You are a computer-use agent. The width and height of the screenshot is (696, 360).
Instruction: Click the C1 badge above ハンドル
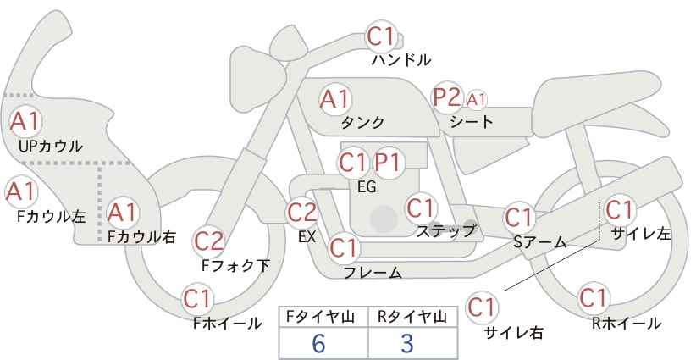coord(382,36)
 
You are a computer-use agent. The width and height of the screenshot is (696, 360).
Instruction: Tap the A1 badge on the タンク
coord(334,99)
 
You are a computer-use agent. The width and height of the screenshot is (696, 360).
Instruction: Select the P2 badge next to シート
coord(446,97)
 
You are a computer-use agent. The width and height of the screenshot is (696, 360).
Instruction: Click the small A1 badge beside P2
coord(476,99)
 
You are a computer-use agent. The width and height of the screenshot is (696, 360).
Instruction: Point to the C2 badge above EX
coord(302,212)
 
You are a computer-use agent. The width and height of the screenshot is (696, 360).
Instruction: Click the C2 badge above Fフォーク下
coord(209,241)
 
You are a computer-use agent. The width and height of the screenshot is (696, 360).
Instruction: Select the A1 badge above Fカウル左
coord(19,191)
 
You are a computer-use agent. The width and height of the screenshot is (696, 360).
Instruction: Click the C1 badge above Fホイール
coord(198,298)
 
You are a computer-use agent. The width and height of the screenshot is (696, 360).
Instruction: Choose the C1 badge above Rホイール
coord(594,298)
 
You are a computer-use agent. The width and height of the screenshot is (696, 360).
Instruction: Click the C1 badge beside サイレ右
coord(483,306)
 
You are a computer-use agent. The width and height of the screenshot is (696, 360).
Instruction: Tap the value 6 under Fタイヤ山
coord(318,343)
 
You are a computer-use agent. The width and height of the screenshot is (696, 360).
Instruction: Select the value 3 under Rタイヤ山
coord(406,343)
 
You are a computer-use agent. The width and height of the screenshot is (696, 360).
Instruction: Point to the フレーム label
coord(373,273)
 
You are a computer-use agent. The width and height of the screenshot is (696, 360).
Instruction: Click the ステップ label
coord(446,230)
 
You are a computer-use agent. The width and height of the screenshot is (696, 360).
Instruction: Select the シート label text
coord(472,122)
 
